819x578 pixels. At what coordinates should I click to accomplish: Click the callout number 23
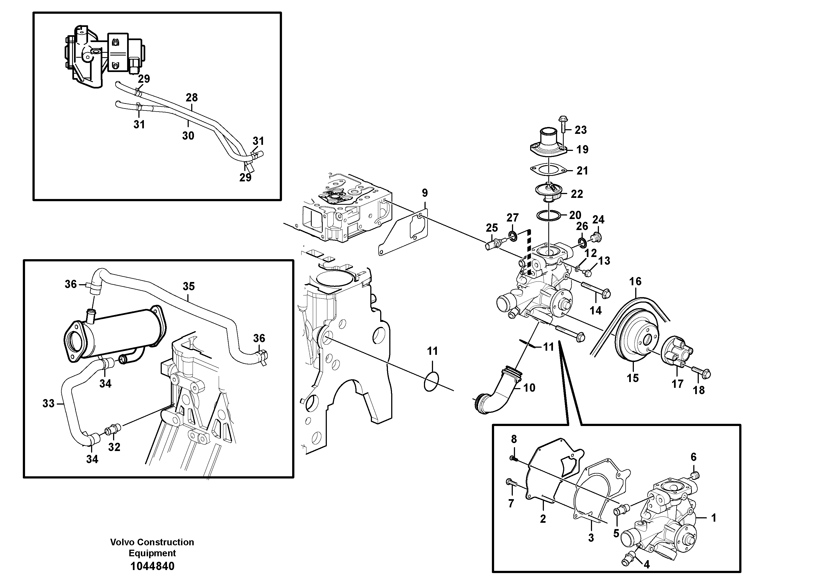(x=580, y=130)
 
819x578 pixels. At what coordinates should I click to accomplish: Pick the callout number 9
(x=424, y=193)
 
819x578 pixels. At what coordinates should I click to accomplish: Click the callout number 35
(x=189, y=286)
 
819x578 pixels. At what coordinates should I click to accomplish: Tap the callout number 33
(x=48, y=403)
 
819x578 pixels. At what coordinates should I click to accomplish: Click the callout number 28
(x=191, y=97)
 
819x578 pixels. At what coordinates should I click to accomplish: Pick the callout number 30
(x=188, y=135)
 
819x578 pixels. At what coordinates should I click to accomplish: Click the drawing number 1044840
(x=152, y=566)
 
